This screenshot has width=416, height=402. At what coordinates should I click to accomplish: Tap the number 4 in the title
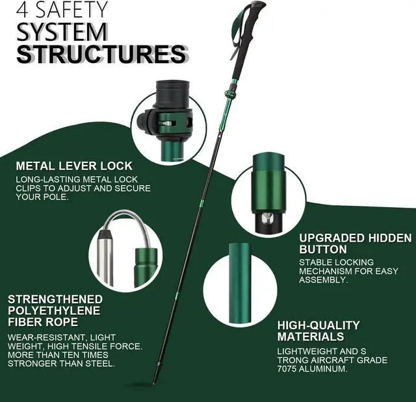(x=25, y=10)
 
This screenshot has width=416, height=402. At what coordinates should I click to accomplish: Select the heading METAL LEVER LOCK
(x=74, y=166)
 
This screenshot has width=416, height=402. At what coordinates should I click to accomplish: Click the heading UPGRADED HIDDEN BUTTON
(x=355, y=244)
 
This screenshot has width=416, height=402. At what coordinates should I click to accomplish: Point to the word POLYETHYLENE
(x=55, y=310)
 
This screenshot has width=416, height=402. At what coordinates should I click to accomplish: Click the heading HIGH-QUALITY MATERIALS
(x=318, y=331)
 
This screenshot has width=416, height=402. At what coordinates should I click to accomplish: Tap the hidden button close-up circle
(x=268, y=193)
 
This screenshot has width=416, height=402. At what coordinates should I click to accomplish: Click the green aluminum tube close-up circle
(x=240, y=284)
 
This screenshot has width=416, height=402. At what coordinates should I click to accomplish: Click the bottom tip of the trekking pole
(x=155, y=381)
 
